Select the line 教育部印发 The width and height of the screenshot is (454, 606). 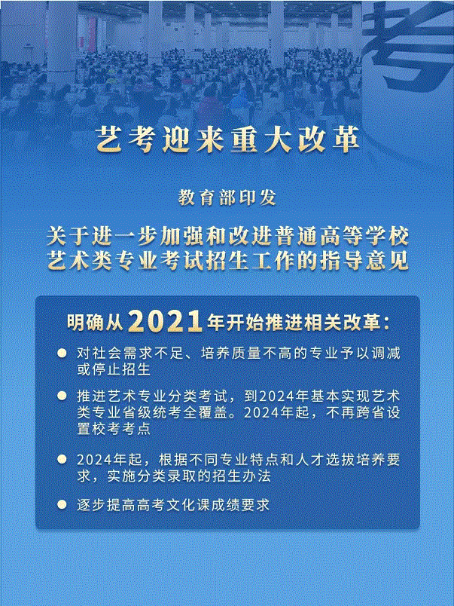227,197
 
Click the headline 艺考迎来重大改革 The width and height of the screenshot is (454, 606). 227,139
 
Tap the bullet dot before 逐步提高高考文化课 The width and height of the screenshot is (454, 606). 62,503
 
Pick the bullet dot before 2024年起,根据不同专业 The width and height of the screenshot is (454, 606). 62,459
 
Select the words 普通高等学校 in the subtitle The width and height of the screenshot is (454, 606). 352,235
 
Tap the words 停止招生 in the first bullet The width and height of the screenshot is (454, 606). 114,369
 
